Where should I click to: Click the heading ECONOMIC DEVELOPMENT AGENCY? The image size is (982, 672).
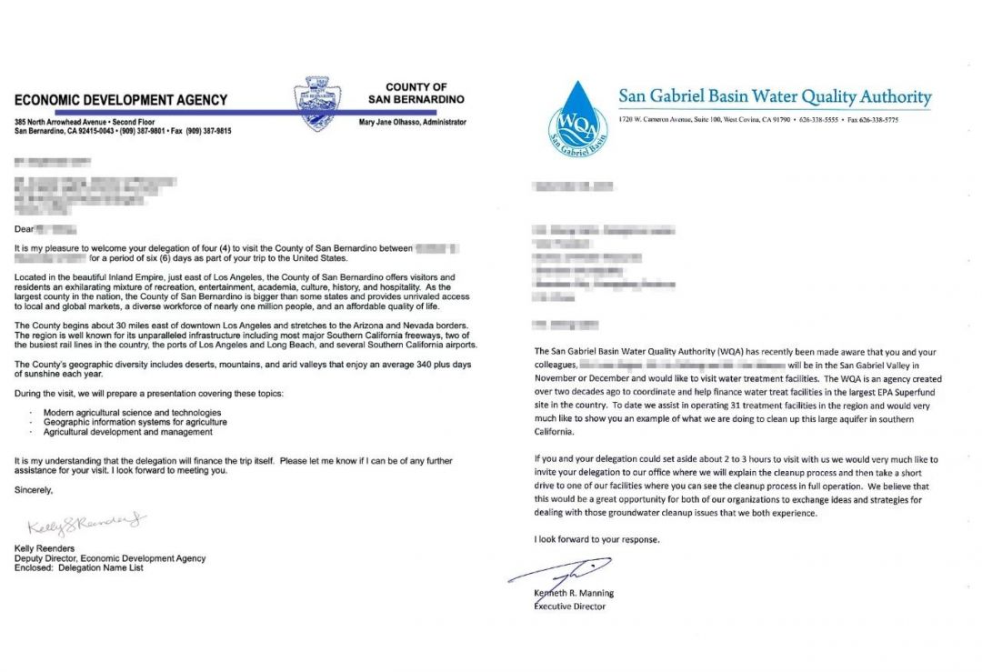[121, 100]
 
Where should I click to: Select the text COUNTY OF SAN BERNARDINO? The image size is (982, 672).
[416, 93]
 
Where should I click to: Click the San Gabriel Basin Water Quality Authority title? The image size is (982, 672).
[775, 96]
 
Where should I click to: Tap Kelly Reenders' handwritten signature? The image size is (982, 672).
[86, 525]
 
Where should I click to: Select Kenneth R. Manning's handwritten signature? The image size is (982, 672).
[557, 576]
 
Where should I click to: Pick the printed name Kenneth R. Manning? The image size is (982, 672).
[574, 594]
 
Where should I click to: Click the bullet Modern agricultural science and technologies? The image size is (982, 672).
[127, 413]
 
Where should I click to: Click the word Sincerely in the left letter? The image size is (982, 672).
[34, 490]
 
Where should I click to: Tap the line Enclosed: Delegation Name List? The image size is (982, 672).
[79, 568]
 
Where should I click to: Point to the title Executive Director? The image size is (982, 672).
[569, 607]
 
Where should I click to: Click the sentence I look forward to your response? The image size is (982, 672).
[596, 540]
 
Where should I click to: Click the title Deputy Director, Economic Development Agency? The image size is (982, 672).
[110, 558]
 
